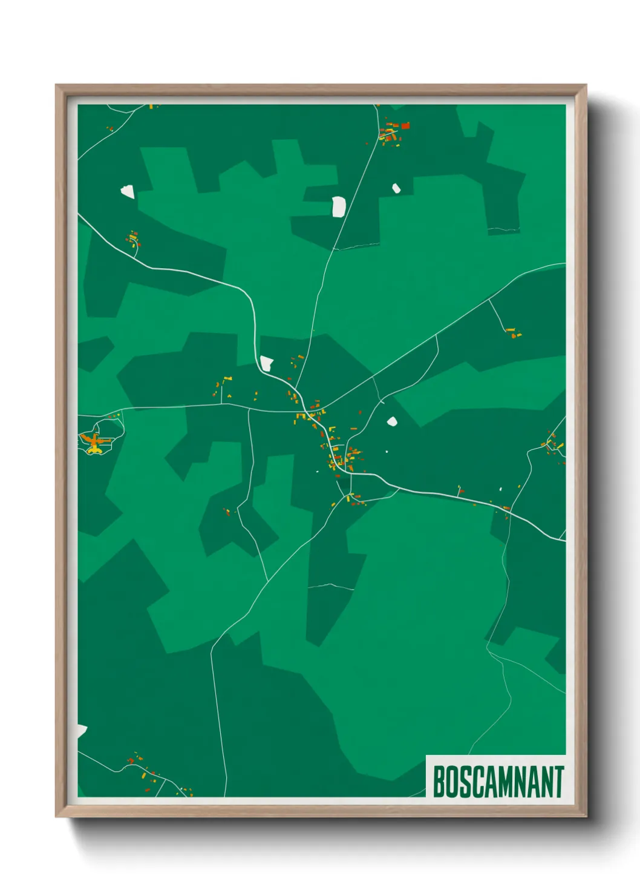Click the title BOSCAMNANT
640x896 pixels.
click(x=498, y=782)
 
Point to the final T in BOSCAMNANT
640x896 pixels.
click(x=558, y=782)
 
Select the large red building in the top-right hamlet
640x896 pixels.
click(x=405, y=126)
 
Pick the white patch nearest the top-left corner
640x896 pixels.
click(x=127, y=191)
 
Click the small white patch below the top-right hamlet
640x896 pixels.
click(x=396, y=188)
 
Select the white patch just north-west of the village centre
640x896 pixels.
click(x=266, y=363)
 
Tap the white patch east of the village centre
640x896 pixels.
click(x=392, y=421)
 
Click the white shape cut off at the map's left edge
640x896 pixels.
click(x=82, y=731)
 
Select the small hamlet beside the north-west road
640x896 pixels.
click(x=133, y=239)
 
